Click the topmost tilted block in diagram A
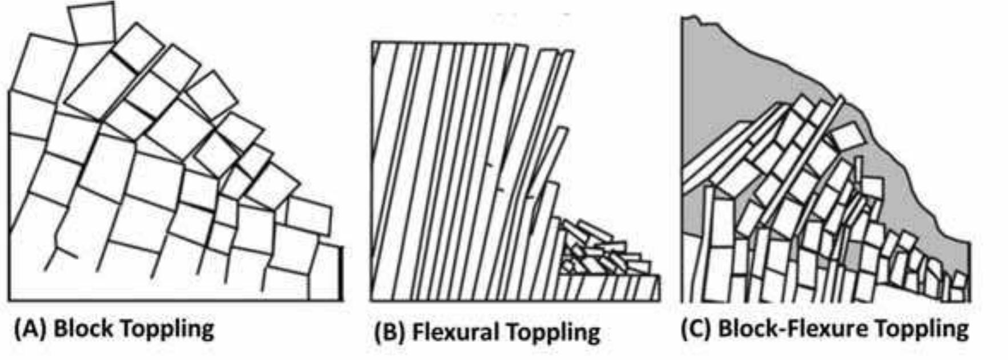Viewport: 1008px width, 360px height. pos(91,23)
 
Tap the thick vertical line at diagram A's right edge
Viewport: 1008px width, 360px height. pos(342,273)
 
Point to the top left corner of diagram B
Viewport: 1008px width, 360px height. pos(372,42)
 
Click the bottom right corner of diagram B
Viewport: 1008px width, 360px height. pos(659,300)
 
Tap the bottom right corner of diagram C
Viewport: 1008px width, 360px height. pos(969,301)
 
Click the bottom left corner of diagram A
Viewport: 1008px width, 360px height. pos(10,299)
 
